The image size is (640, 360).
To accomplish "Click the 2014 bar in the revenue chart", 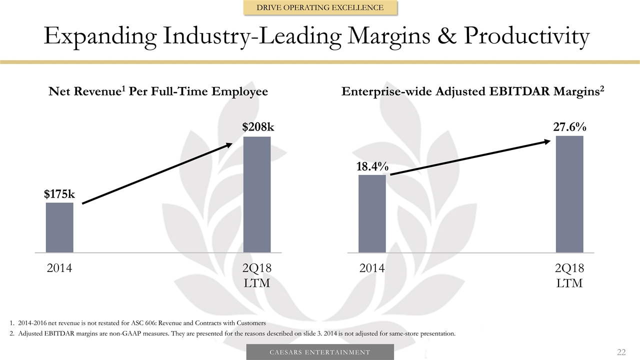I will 59,227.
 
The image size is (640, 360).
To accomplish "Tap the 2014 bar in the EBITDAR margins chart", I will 372,213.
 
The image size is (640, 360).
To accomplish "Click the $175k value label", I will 59,193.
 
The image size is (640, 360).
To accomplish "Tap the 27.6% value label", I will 569,127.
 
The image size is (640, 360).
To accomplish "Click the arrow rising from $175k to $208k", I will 157,173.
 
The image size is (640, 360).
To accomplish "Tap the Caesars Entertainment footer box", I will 320,352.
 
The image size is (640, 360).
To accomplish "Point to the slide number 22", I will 621,352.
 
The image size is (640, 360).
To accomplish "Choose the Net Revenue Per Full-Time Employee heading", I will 158,91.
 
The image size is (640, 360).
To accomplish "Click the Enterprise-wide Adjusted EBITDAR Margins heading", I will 472,91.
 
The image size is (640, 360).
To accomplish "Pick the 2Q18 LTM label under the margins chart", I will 569,275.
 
